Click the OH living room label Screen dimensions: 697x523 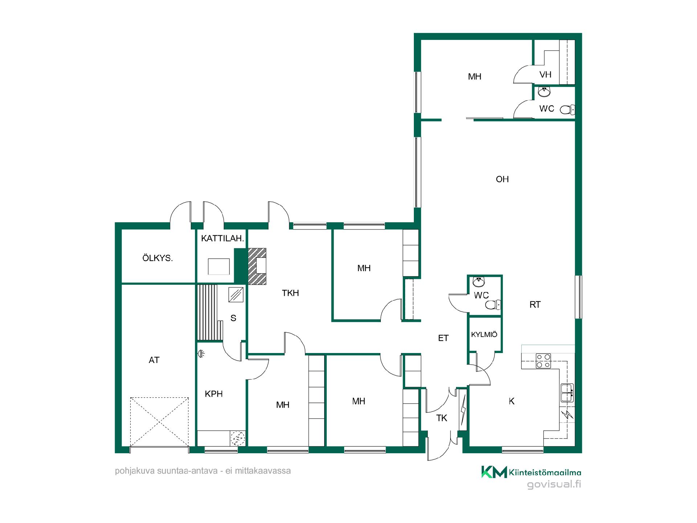[x=502, y=179]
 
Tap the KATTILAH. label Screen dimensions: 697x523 [x=222, y=239]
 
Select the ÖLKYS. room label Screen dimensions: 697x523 [x=157, y=258]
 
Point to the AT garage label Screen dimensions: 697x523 [x=154, y=360]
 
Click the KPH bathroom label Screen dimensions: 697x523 [x=213, y=394]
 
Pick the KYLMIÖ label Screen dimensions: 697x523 [x=484, y=335]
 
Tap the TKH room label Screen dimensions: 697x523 [x=290, y=293]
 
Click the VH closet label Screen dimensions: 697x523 [x=545, y=74]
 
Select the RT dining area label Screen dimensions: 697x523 [x=535, y=305]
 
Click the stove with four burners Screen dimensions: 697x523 [x=543, y=361]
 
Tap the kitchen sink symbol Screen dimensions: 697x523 [x=567, y=393]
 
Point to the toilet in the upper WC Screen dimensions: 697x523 [x=567, y=109]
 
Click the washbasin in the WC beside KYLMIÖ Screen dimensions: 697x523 [x=479, y=282]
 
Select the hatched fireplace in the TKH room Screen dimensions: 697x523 [x=257, y=266]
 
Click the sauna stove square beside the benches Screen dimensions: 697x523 [x=236, y=295]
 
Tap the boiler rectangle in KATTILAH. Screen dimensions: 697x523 [x=219, y=267]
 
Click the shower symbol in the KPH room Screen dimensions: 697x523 [x=201, y=353]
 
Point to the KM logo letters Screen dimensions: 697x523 [x=494, y=472]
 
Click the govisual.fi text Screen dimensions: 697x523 [x=554, y=484]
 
